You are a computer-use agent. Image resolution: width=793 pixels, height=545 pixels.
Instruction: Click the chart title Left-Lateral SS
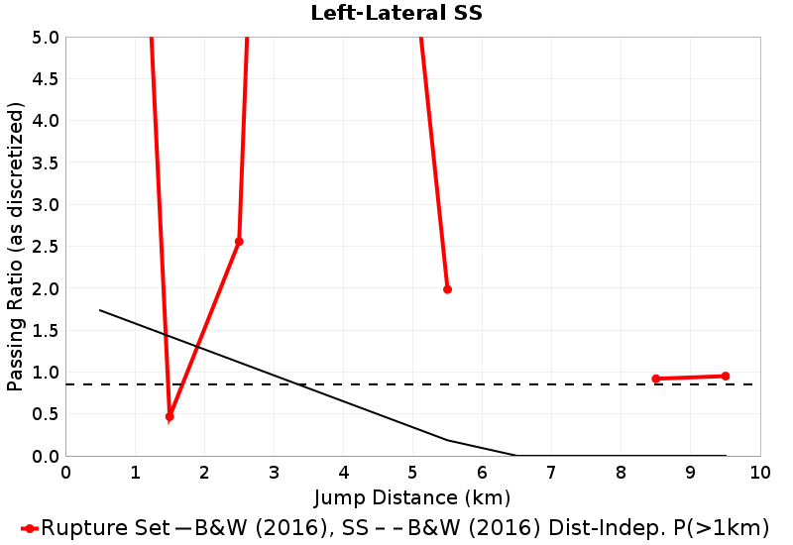point(396,13)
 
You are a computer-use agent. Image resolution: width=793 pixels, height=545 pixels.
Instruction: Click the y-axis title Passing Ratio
point(15,246)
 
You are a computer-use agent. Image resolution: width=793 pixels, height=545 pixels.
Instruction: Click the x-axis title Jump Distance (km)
point(412,495)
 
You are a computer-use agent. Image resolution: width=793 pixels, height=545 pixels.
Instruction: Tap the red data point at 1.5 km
point(170,417)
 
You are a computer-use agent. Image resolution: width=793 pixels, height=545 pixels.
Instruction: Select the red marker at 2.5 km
point(239,242)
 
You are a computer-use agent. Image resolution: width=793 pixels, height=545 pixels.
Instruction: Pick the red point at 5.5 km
point(447,289)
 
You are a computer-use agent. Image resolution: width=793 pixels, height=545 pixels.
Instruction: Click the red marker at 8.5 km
point(655,379)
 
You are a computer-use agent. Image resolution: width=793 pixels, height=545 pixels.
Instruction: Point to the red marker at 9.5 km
point(726,377)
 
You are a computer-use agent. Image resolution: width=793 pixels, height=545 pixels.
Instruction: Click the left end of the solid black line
point(100,310)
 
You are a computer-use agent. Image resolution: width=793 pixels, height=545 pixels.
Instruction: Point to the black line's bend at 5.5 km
point(447,440)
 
